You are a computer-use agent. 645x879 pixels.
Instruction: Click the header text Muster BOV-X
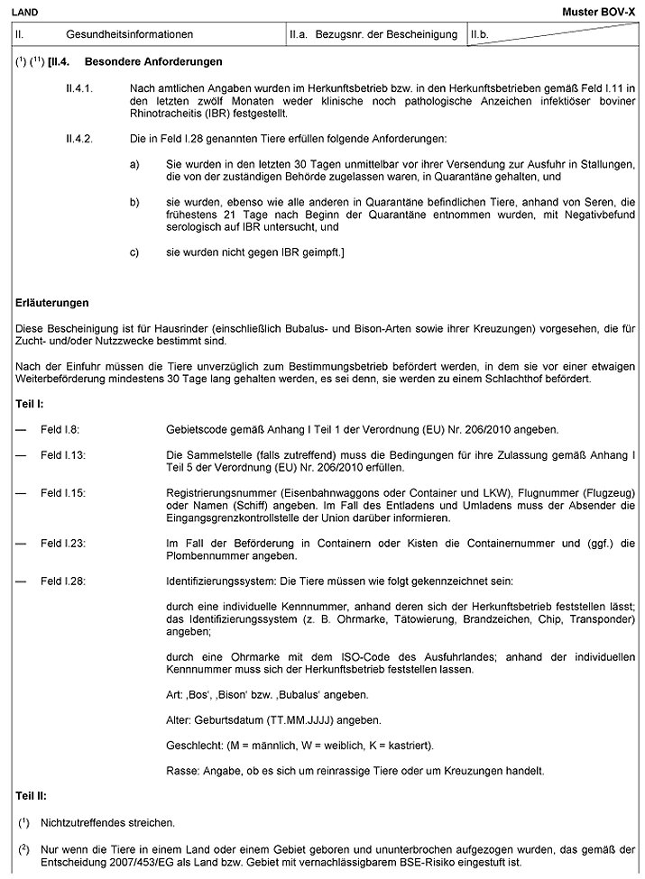tap(600, 10)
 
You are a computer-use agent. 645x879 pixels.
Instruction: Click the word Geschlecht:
tap(194, 746)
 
